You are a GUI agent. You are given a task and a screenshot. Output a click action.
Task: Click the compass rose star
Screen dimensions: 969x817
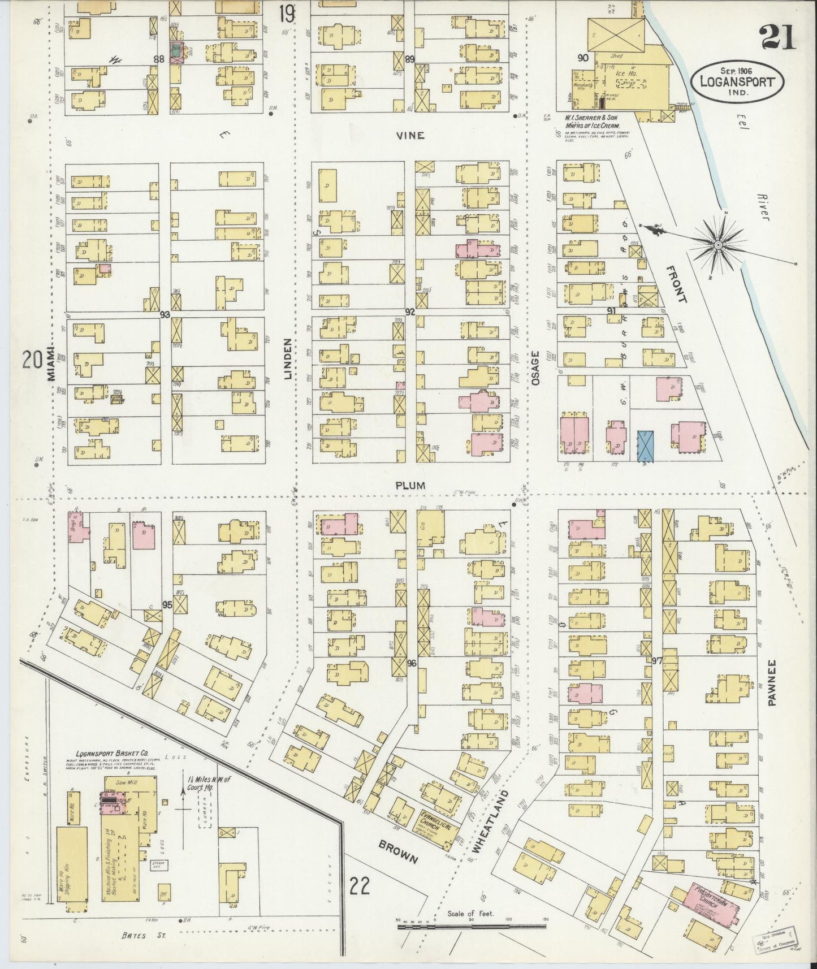click(718, 244)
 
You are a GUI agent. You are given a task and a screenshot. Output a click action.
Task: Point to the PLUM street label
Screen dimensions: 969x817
click(410, 486)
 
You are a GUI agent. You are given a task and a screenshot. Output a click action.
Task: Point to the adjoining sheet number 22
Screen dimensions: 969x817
click(359, 886)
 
